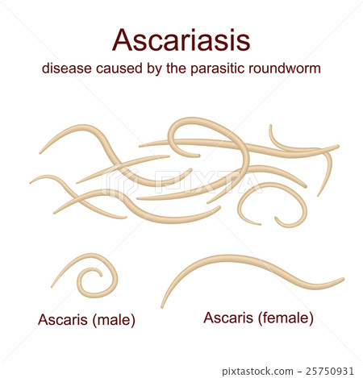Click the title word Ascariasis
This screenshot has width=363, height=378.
click(x=181, y=39)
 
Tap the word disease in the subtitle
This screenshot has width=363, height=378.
click(x=67, y=69)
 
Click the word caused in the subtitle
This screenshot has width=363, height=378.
click(x=122, y=69)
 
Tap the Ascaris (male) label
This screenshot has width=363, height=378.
click(x=87, y=319)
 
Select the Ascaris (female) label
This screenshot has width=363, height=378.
click(x=257, y=318)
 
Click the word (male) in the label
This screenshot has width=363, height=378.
click(x=114, y=319)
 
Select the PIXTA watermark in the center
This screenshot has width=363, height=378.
click(x=181, y=184)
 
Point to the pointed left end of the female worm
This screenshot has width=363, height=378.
click(x=162, y=306)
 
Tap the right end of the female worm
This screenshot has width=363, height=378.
click(x=343, y=281)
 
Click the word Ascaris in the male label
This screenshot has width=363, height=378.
click(x=63, y=319)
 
